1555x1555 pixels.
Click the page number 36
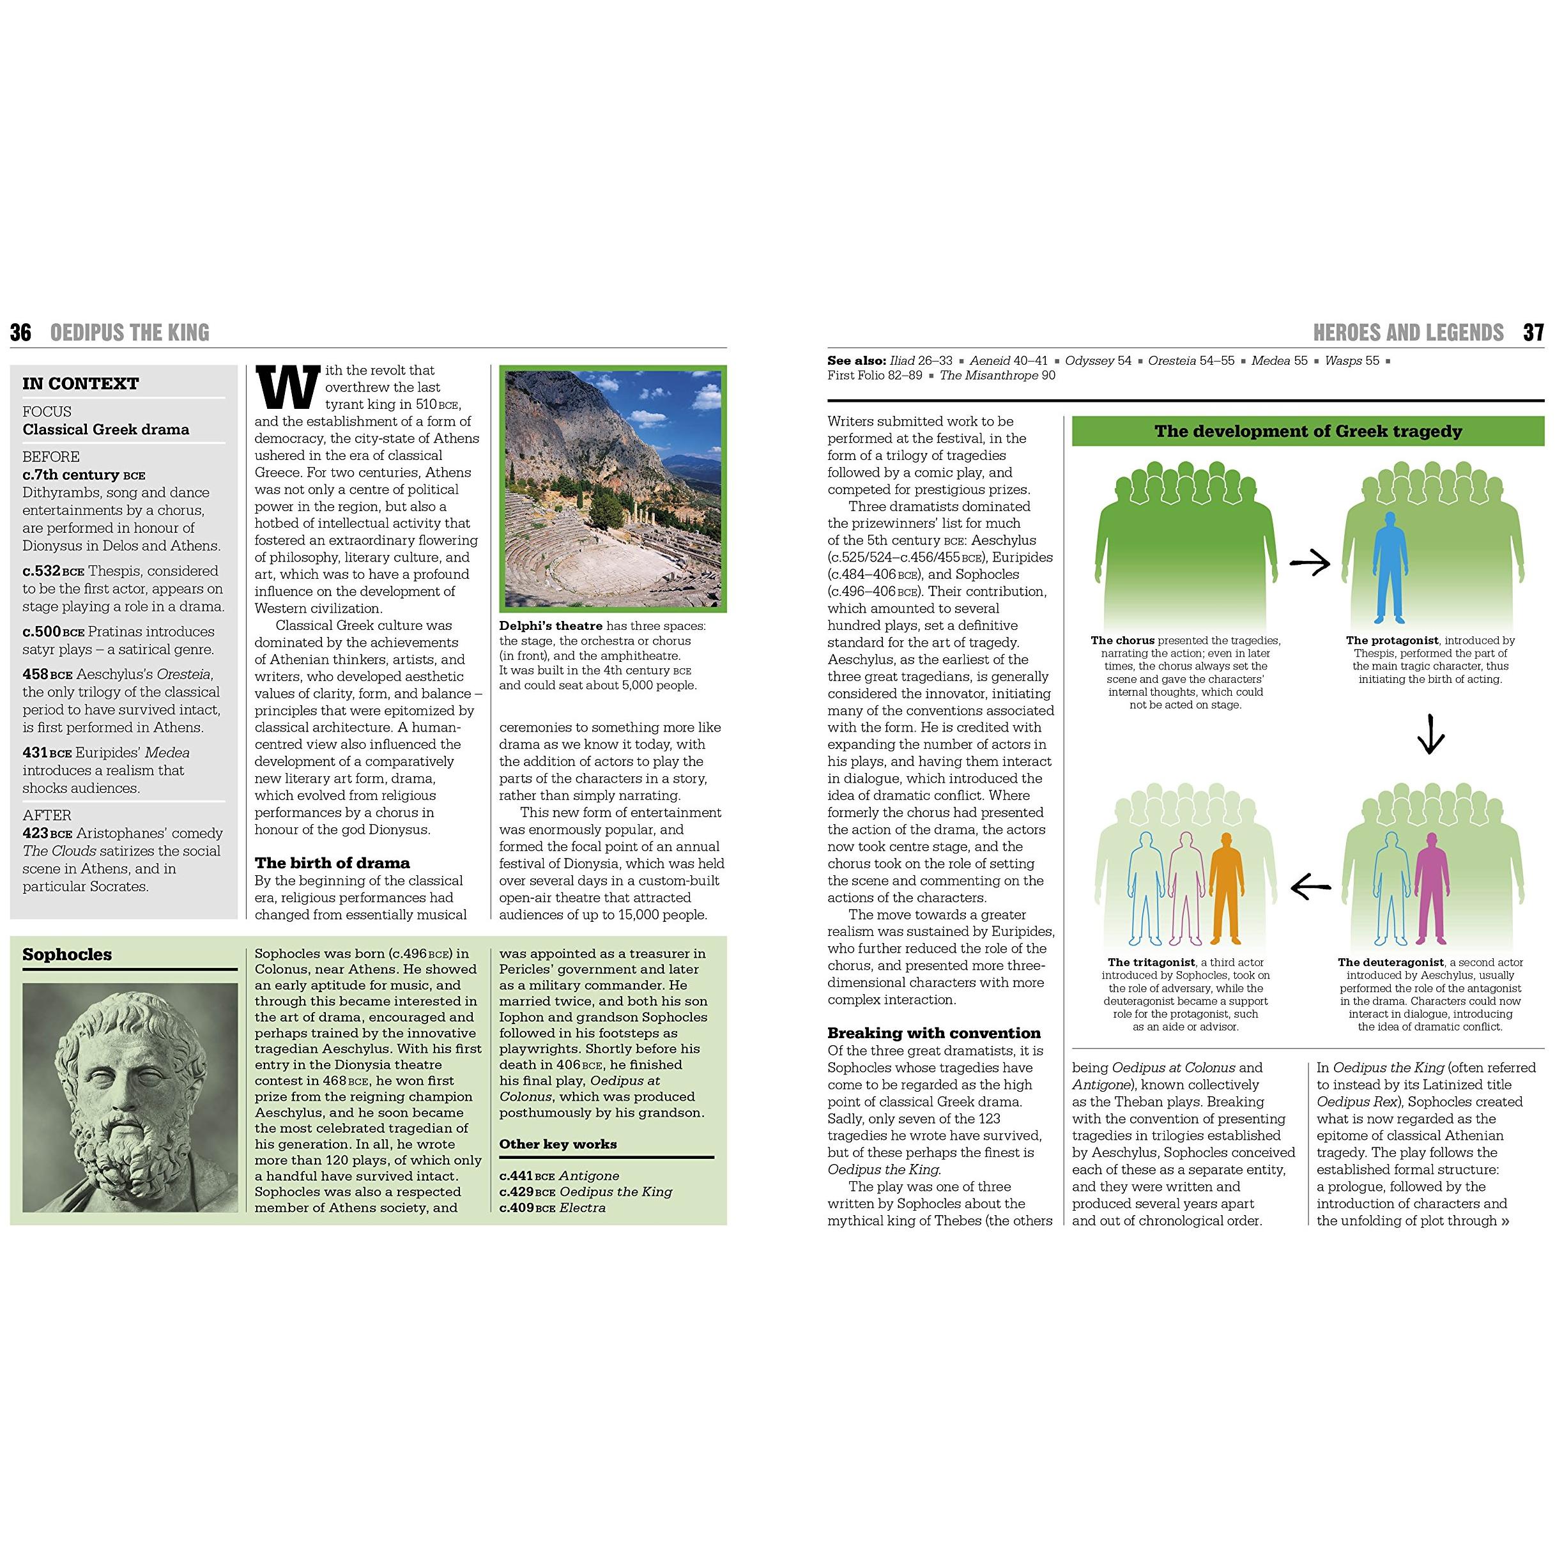[x=21, y=332]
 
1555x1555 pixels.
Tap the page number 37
[x=1533, y=332]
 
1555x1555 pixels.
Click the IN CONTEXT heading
[x=80, y=384]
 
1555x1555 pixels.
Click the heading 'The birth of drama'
[x=332, y=863]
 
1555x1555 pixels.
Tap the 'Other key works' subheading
[x=558, y=1144]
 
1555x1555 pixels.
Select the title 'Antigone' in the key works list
[x=589, y=1176]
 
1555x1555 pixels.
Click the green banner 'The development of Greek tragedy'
[x=1308, y=431]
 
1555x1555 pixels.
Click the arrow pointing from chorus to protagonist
[x=1310, y=564]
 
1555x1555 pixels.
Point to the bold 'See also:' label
[x=856, y=360]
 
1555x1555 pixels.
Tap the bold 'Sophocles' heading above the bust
[x=68, y=954]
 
